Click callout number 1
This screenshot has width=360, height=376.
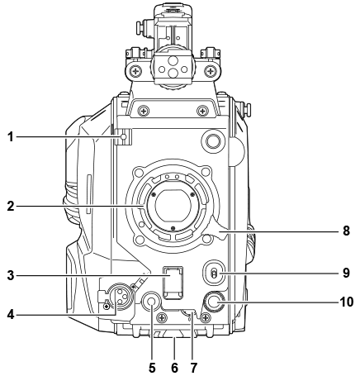pos(11,136)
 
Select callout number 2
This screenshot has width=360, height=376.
pos(11,206)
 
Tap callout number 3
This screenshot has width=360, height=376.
pos(11,275)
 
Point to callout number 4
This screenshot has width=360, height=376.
pos(11,314)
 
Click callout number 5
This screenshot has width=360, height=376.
pos(152,368)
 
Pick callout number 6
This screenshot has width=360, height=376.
pos(174,368)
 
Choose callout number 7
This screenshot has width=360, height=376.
pos(193,368)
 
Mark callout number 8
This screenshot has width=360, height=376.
pos(346,231)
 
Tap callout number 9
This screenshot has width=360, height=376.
pos(346,273)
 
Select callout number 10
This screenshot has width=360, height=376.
pos(347,302)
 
